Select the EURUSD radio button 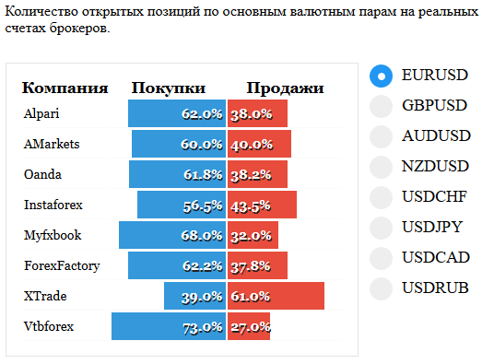point(381,76)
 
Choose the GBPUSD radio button point(381,106)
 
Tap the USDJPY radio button point(381,228)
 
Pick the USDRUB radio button point(381,288)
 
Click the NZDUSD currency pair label point(435,166)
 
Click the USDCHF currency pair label point(434,197)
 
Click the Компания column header point(65,88)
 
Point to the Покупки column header point(169,88)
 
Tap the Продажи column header point(285,88)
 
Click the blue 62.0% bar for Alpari point(177,113)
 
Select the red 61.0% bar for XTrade point(276,296)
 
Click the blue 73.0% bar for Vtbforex point(169,326)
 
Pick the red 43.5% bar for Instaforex point(262,205)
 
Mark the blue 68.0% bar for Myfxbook point(172,235)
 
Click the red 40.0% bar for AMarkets point(259,144)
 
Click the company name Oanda point(42,174)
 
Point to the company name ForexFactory point(62,266)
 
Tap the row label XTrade point(45,296)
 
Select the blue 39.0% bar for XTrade point(195,296)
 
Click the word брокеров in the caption point(79,29)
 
